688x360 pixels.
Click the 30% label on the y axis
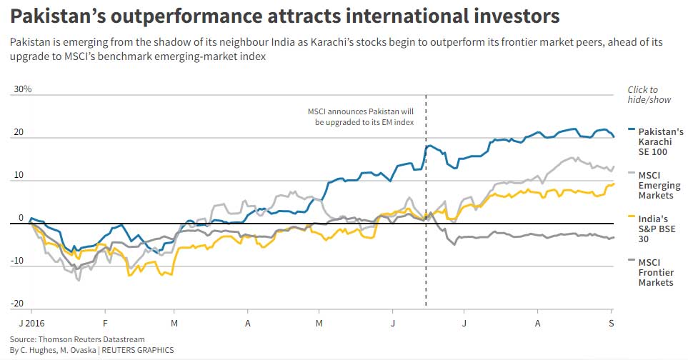23,89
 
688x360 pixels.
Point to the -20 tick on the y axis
18,304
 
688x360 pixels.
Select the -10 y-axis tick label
18,261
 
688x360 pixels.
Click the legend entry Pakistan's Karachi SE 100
660,141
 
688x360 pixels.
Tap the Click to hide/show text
649,94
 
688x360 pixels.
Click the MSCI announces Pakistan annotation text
360,117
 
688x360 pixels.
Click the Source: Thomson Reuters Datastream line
77,339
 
